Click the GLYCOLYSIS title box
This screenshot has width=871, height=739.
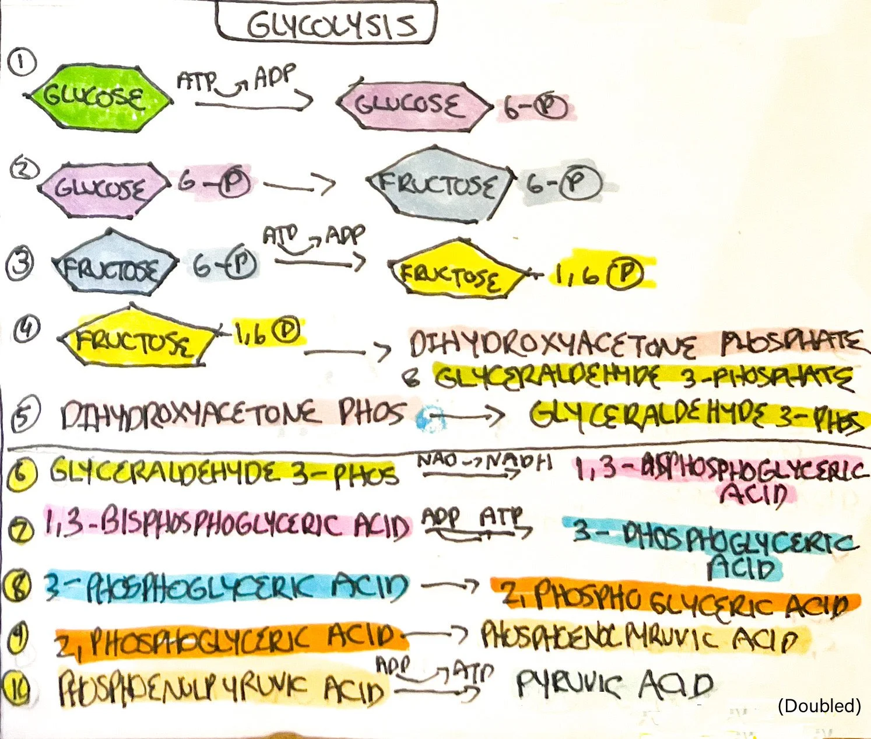point(326,22)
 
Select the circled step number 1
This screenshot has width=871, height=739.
point(22,62)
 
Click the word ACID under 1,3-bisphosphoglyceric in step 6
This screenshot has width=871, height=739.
point(754,495)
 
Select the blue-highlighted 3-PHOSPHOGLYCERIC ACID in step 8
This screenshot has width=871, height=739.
point(227,587)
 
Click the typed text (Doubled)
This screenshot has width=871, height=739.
point(819,706)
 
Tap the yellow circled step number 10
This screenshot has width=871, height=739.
point(20,687)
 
